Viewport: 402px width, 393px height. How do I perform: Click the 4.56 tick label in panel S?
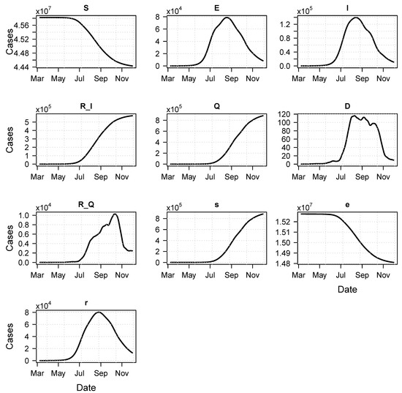tap(22, 26)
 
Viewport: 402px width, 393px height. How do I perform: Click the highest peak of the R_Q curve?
tap(115, 214)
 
